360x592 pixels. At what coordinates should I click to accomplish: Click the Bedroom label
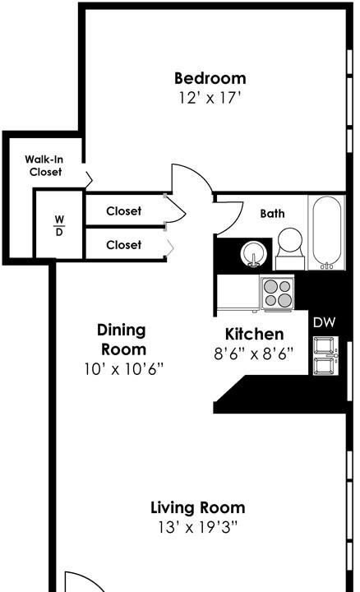210,79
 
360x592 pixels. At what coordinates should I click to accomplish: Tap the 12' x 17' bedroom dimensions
210,98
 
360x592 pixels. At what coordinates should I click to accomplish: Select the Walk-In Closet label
46,165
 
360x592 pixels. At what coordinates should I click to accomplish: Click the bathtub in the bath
327,232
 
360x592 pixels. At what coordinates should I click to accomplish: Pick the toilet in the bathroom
288,244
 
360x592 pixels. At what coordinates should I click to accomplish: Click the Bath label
273,214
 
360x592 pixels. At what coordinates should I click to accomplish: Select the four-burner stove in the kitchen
278,291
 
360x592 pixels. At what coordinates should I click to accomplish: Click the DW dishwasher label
323,321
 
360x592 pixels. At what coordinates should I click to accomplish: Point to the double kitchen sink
323,355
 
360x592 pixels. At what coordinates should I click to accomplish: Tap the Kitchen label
255,335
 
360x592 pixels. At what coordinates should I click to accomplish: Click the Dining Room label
122,340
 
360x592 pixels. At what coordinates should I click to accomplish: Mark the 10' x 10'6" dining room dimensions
123,368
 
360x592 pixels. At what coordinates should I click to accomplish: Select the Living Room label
197,507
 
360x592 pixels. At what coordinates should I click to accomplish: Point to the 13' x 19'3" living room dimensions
197,526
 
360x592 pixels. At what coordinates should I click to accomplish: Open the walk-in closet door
89,175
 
